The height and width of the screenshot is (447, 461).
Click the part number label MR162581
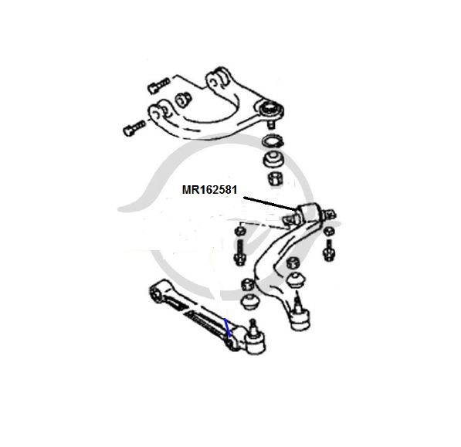209,190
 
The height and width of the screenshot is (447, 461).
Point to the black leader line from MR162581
271,203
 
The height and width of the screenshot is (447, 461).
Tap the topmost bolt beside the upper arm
159,85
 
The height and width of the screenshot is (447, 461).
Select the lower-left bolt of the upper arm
134,129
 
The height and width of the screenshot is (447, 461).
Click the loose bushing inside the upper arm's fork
183,100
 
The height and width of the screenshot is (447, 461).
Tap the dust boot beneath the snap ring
273,160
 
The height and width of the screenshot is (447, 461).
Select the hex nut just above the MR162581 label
276,178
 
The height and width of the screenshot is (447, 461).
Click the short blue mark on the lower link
227,327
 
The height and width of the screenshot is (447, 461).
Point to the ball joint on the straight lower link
254,339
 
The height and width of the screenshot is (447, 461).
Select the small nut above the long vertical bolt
240,230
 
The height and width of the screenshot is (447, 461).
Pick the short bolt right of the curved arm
328,250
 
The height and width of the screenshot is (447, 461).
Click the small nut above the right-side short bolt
328,231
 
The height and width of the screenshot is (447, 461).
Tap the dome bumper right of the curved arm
296,281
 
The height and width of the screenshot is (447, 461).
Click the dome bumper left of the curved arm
250,302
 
